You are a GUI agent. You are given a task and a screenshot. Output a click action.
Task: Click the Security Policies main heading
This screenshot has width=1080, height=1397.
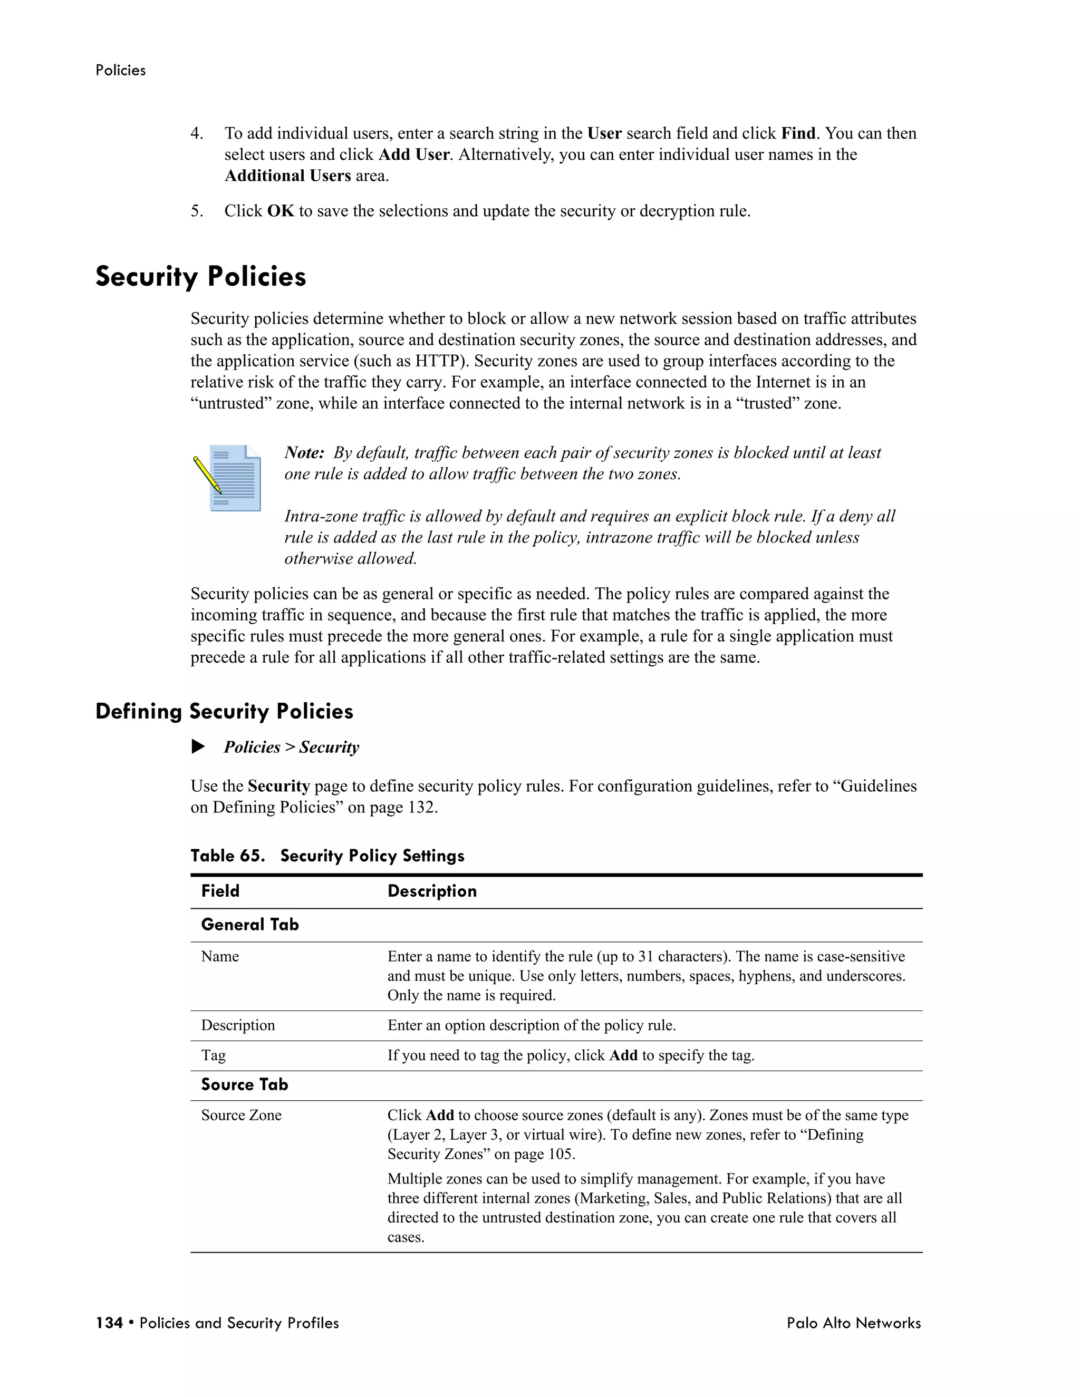[x=201, y=277]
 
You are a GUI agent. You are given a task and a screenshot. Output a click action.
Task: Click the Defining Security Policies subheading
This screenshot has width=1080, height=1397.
[x=224, y=711]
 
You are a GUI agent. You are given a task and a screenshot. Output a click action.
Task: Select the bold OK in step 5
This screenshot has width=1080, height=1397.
[x=280, y=211]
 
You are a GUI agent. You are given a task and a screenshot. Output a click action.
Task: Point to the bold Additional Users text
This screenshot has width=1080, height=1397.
[x=287, y=176]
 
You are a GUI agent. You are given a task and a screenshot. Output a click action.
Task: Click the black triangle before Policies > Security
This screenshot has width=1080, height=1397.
[x=198, y=746]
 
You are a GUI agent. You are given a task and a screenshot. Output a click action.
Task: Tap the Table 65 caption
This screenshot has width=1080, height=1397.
[x=327, y=856]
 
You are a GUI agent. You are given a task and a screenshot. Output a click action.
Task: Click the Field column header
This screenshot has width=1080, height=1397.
[x=220, y=891]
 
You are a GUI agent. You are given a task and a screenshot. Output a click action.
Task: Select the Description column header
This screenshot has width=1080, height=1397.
[x=432, y=891]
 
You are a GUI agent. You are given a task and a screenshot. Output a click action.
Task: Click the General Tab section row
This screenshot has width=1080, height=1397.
[x=249, y=924]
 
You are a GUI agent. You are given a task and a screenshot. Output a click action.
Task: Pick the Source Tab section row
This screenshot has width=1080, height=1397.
[x=244, y=1084]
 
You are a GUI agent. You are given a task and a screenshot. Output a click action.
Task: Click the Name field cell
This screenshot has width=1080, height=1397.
[x=220, y=956]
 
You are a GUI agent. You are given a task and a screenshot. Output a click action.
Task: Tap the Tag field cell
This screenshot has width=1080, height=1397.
[x=213, y=1055]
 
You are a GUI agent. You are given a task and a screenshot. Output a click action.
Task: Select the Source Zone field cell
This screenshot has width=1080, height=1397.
[x=241, y=1115]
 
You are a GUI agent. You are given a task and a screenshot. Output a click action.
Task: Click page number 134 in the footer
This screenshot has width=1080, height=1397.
[x=109, y=1323]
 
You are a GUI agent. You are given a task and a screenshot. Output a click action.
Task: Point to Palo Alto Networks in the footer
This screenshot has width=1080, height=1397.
[x=854, y=1323]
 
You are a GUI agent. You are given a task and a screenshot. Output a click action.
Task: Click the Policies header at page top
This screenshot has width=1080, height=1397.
[x=120, y=70]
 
